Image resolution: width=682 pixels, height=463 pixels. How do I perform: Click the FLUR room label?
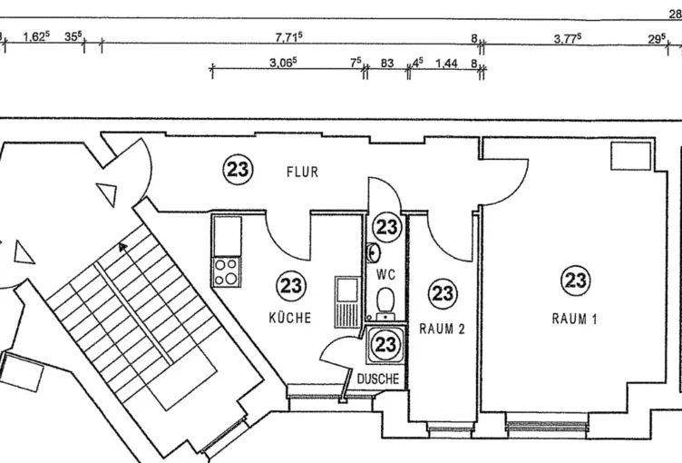click(303, 172)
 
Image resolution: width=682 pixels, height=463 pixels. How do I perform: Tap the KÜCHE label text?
click(289, 318)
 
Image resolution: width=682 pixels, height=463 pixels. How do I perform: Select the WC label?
click(386, 272)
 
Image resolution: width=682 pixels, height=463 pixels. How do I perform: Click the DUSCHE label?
click(377, 379)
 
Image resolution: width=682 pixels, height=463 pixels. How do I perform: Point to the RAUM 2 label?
click(442, 329)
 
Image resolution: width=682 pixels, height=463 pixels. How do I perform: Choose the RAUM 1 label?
click(575, 319)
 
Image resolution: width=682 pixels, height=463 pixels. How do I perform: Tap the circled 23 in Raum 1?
click(575, 281)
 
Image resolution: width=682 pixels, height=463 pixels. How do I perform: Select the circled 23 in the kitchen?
click(291, 286)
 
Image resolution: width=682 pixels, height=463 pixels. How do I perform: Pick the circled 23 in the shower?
click(385, 344)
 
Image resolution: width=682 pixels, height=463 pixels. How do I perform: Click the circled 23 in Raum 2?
click(442, 292)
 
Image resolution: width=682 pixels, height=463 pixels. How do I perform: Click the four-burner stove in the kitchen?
click(227, 271)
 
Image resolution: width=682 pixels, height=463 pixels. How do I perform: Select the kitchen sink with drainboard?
click(347, 301)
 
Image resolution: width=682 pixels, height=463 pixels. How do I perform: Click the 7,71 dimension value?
click(288, 37)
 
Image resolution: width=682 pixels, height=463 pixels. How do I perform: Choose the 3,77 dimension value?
click(567, 37)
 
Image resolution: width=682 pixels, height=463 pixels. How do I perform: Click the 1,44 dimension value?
click(447, 64)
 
